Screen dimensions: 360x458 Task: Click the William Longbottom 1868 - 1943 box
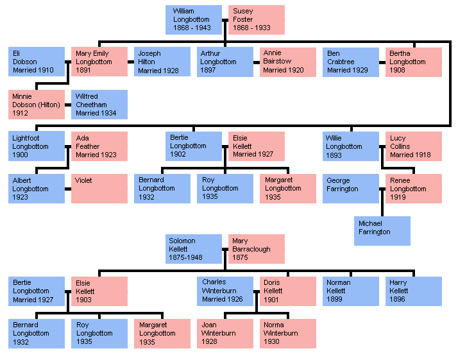(x=193, y=20)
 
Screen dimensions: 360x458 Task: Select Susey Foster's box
(x=256, y=20)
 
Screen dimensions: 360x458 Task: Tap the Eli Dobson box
(x=37, y=62)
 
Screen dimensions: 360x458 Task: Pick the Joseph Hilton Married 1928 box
(x=162, y=62)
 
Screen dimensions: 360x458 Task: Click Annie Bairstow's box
(x=287, y=62)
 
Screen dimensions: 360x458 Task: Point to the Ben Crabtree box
(x=350, y=62)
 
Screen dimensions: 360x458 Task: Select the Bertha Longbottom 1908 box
(x=413, y=62)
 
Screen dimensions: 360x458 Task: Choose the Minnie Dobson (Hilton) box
(x=37, y=104)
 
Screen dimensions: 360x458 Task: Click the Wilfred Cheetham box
(x=99, y=104)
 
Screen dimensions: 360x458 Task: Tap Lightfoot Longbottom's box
(x=37, y=146)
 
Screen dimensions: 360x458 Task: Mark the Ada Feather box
(x=99, y=146)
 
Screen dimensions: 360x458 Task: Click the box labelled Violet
(x=99, y=189)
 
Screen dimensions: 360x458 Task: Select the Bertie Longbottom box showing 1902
(x=193, y=146)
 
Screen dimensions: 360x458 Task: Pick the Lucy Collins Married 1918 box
(x=413, y=146)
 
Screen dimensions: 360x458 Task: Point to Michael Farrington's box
(x=382, y=231)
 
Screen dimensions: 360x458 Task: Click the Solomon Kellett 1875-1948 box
(x=193, y=249)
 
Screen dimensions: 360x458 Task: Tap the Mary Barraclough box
(x=256, y=249)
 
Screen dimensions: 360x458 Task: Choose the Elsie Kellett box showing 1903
(x=99, y=291)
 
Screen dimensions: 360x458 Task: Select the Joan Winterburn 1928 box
(x=225, y=334)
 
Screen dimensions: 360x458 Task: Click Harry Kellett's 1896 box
(x=413, y=291)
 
